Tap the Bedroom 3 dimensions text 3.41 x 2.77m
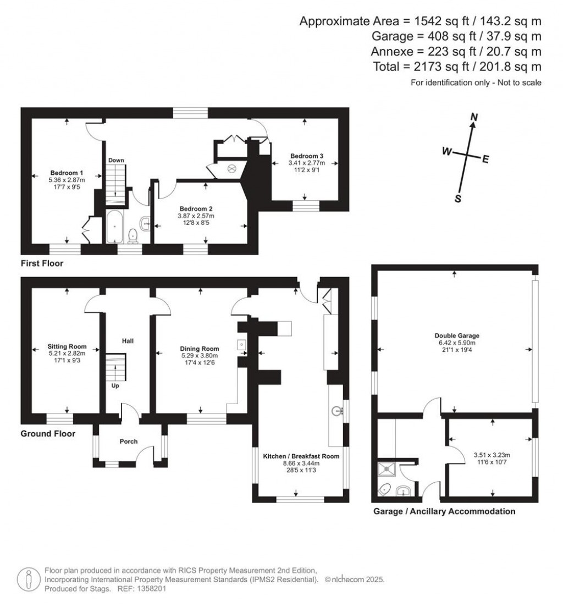point(307,163)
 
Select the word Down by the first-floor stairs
point(116,160)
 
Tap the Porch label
point(129,442)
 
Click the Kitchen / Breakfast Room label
point(301,456)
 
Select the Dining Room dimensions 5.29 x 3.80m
point(200,355)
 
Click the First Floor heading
point(42,263)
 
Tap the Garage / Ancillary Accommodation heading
point(444,511)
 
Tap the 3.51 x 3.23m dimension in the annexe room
point(492,455)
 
